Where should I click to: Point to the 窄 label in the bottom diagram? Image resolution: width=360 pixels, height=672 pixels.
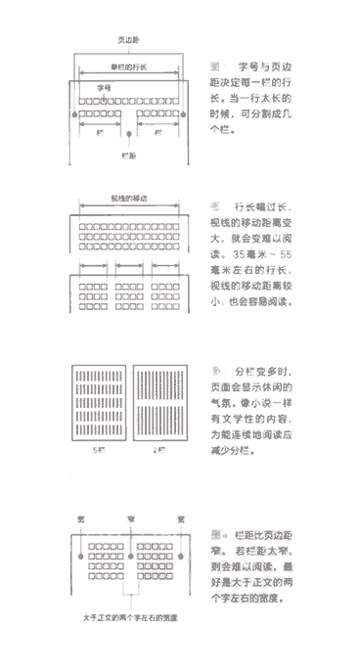(x=128, y=516)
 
